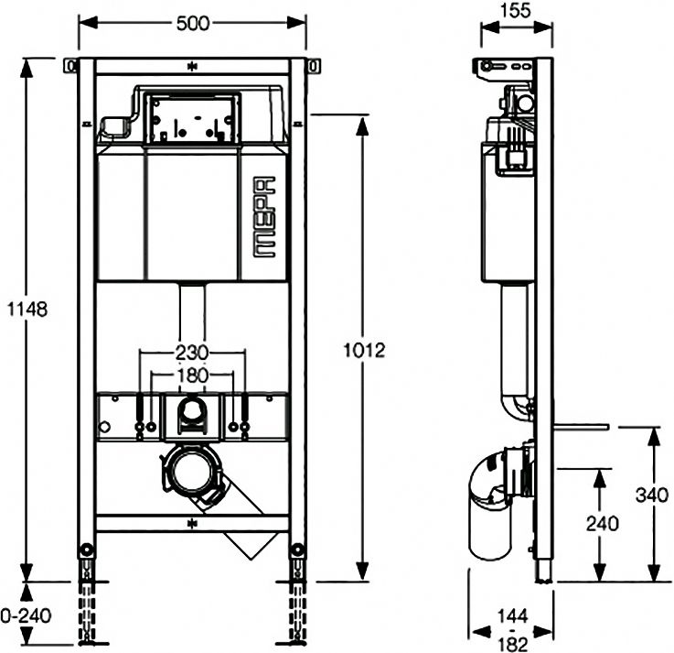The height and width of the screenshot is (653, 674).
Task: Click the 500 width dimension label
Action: pos(193,23)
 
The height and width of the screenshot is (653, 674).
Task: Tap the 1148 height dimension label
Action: pos(27,309)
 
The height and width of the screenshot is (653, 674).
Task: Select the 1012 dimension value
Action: pos(364,351)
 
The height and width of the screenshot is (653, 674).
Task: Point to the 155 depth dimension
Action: pos(516,11)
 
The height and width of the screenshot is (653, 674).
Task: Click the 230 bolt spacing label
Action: pos(192,353)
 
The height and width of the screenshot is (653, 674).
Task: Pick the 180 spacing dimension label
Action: pos(192,375)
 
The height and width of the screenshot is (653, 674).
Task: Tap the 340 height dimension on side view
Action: pos(652,495)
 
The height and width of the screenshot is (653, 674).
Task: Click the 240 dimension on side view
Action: pos(603,524)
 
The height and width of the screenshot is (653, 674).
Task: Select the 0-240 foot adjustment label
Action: pos(26,615)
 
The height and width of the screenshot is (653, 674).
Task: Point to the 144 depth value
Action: pos(514,616)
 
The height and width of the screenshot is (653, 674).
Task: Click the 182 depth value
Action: pos(513,644)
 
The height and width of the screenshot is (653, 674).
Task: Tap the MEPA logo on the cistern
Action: pos(264,217)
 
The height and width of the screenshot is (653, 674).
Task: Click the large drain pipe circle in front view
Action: pos(192,473)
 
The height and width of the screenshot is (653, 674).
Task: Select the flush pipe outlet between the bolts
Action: pos(192,410)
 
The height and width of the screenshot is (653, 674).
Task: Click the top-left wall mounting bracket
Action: pos(70,66)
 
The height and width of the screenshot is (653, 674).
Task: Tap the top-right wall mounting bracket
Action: pos(314,66)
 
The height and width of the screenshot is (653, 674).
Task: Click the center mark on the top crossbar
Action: pos(192,66)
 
